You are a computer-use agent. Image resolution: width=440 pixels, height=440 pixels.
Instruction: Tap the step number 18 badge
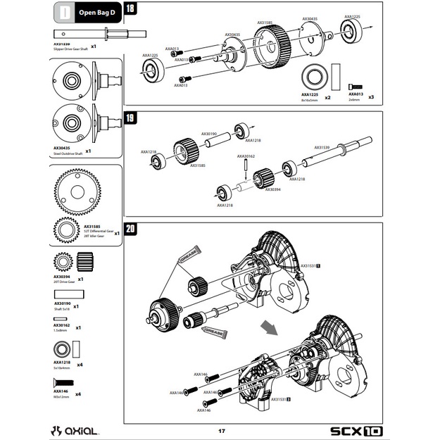pos(131,9)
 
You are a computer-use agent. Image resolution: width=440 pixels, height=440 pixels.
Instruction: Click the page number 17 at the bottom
pos(221,430)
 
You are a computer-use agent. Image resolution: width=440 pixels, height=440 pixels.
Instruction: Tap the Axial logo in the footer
pos(78,429)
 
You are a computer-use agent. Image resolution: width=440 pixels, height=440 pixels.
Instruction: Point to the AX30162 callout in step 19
pos(246,156)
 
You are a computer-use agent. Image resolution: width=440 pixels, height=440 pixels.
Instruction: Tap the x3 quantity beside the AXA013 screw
pos(371,96)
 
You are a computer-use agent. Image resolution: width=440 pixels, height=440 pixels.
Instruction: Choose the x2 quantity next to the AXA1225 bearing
pos(327,96)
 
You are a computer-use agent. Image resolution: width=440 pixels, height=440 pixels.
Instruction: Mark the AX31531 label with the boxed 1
pos(310,266)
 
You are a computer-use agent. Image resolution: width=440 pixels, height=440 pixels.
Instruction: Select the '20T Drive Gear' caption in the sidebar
pos(65,282)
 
